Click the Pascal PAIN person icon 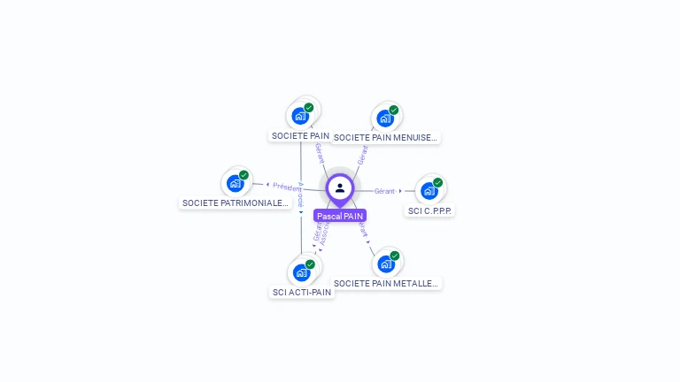tap(340, 187)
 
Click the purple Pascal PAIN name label tap(340, 216)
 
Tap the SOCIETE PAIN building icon tap(301, 115)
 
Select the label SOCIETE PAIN tap(300, 136)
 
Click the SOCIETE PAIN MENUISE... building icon tap(385, 118)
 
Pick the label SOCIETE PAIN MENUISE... tap(385, 137)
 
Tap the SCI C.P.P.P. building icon tap(429, 190)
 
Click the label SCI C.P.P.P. tap(430, 210)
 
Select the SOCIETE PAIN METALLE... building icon tap(385, 264)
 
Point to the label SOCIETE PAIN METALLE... tap(386, 283)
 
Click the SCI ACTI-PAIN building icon tap(301, 271)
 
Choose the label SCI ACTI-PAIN tap(302, 292)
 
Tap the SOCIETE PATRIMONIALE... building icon tap(236, 183)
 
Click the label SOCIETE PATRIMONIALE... tap(236, 202)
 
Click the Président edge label tap(287, 187)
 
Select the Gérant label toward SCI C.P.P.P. tap(384, 191)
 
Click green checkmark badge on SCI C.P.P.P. tap(437, 182)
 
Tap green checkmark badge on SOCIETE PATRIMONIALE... tap(243, 175)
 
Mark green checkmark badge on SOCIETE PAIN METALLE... tap(394, 256)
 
